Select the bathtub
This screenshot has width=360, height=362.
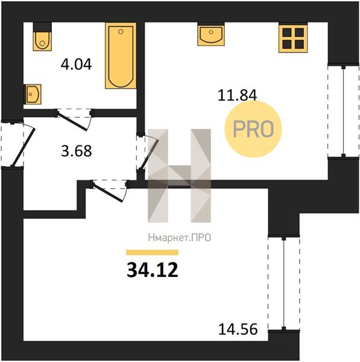(121, 56)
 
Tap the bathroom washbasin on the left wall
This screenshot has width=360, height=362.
(33, 94)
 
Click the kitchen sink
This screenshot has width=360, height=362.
(211, 34)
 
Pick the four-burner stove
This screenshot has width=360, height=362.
(293, 37)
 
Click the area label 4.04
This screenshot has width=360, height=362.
(77, 65)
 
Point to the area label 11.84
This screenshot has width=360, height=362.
(237, 95)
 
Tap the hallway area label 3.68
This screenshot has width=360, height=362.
(77, 151)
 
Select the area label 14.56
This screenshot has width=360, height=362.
(238, 329)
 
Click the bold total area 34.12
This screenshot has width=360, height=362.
(153, 270)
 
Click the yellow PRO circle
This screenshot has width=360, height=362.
(253, 129)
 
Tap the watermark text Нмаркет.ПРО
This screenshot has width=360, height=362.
(180, 238)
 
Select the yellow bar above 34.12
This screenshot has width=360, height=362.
(153, 252)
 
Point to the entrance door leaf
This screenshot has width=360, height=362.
(23, 147)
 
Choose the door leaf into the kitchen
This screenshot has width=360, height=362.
(149, 154)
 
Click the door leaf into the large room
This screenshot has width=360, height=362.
(107, 192)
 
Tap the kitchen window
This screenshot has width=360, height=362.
(343, 112)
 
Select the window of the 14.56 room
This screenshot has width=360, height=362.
(284, 284)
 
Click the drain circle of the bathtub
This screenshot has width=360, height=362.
(121, 31)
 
